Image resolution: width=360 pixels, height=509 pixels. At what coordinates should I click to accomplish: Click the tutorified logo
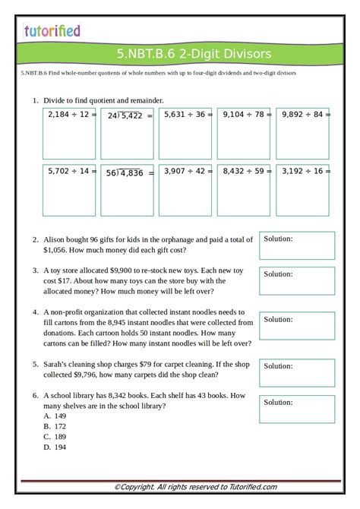[52, 31]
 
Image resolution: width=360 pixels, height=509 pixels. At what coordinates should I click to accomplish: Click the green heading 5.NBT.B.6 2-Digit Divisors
[194, 54]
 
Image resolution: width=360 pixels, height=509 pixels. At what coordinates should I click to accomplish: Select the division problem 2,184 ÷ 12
[69, 115]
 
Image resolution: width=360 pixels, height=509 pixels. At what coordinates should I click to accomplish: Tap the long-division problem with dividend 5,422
[128, 115]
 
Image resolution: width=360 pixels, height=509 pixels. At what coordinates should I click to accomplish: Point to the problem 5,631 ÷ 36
[185, 115]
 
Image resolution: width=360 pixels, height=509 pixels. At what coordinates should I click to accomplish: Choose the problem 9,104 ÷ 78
[244, 115]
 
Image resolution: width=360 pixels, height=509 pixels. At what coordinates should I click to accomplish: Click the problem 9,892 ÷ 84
[302, 115]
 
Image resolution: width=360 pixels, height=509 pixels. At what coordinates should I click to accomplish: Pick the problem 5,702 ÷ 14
[69, 172]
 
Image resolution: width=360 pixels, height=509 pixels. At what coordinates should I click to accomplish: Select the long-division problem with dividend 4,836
[128, 172]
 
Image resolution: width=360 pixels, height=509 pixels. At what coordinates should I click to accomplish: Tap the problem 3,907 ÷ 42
[185, 172]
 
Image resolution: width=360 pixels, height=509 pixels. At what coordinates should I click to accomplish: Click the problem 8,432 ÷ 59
[244, 172]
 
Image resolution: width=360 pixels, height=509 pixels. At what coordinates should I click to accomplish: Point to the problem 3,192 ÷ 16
[302, 172]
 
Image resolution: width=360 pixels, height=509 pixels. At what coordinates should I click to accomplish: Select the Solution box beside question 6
[297, 409]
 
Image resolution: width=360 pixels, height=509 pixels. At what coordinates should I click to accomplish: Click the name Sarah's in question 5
[58, 365]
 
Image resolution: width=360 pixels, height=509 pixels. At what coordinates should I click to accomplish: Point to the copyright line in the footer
[195, 487]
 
